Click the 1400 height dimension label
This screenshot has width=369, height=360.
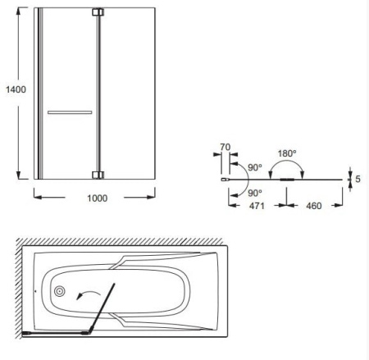pyautogui.click(x=16, y=89)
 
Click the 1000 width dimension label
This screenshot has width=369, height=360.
pyautogui.click(x=97, y=198)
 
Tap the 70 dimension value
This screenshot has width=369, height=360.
pyautogui.click(x=225, y=147)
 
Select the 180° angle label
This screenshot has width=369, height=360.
pyautogui.click(x=287, y=153)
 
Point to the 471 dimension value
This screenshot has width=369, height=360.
pyautogui.click(x=257, y=206)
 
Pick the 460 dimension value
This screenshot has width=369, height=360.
pyautogui.click(x=314, y=206)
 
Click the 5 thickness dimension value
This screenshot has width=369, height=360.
pyautogui.click(x=358, y=179)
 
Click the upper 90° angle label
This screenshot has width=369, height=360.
pyautogui.click(x=255, y=167)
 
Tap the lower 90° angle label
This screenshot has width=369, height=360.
pyautogui.click(x=255, y=193)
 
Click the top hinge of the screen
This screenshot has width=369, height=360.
pyautogui.click(x=98, y=12)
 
